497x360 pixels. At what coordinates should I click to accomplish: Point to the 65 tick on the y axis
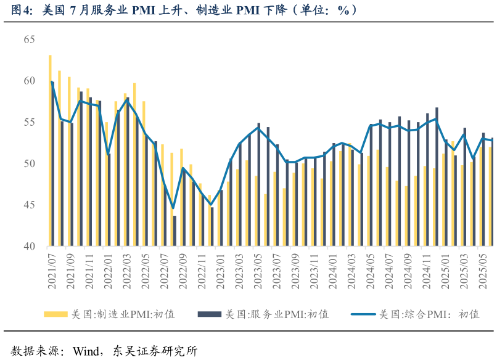(29, 39)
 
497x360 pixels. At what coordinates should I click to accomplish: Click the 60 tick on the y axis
(29, 81)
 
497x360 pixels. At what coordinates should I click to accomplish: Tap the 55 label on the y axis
(29, 122)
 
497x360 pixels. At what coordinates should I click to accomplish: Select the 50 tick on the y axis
(29, 163)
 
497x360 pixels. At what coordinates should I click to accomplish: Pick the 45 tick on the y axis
(29, 205)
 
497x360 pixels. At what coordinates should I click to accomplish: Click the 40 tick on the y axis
(29, 246)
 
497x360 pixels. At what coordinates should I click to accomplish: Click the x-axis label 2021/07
(52, 271)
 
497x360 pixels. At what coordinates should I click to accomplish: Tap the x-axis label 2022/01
(108, 271)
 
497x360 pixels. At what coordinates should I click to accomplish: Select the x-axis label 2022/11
(202, 271)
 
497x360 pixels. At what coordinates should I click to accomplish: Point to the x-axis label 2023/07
(276, 271)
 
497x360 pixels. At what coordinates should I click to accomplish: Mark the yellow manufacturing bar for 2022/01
(106, 185)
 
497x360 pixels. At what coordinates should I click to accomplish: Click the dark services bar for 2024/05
(371, 185)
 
